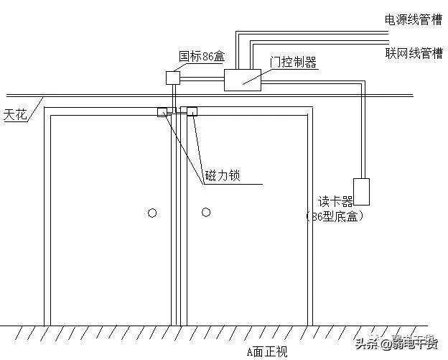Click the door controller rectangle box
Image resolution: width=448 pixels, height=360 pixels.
[243, 80]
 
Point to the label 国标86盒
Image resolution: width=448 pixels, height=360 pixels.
[201, 55]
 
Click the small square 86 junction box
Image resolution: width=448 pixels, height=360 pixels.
[173, 77]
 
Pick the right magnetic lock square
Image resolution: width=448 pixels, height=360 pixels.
[192, 111]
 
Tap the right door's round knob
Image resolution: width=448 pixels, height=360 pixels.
[206, 212]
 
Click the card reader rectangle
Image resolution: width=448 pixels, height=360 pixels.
[361, 190]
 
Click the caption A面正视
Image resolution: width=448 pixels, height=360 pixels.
[266, 351]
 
